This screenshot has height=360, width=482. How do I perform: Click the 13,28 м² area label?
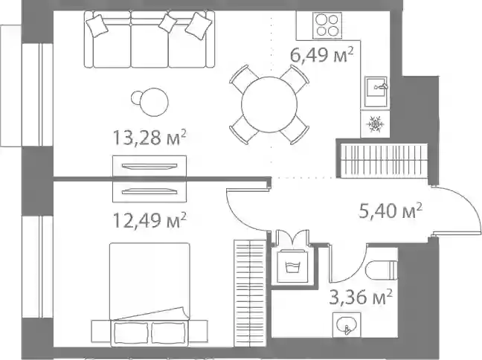pos(150,137)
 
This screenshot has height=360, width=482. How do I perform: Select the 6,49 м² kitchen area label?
pos(322,54)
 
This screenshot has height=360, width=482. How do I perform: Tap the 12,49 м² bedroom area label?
pos(150,220)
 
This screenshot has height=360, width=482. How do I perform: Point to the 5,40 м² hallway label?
pos(391,210)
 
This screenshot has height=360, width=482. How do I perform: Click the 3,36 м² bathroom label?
pos(360,297)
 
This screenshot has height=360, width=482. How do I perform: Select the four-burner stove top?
pos(327,25)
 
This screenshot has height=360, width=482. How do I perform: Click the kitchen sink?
pos(376,91)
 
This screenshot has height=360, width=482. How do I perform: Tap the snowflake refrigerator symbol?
pos(375,123)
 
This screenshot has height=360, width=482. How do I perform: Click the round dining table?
pos(269,105)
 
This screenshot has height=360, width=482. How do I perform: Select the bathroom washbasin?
pos(347,324)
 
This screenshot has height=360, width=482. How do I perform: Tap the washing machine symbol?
pos(292,266)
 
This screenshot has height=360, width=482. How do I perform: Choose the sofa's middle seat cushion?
pos(150,46)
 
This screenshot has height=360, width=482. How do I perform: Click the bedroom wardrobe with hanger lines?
pos(250,293)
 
